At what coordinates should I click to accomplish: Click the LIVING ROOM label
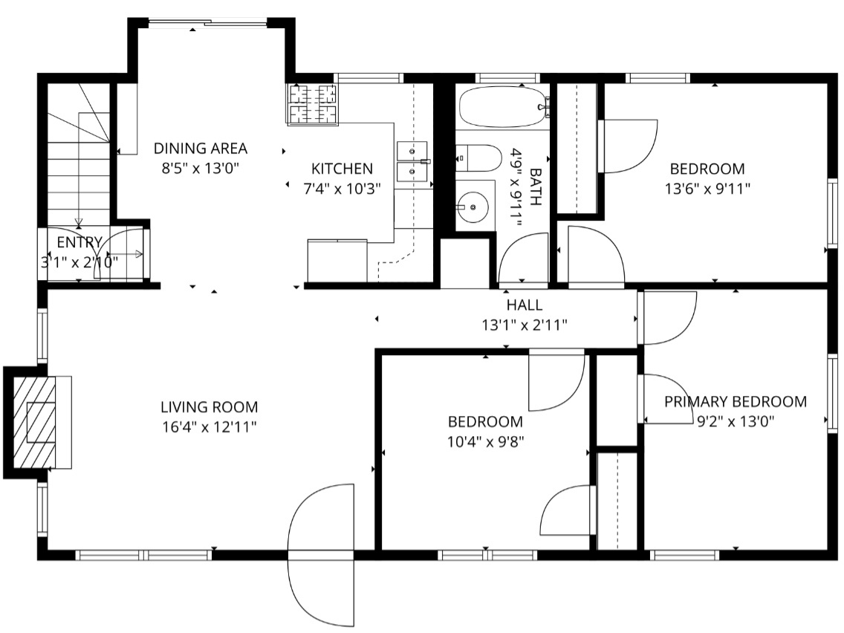click(210, 406)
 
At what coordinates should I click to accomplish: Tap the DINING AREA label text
click(200, 149)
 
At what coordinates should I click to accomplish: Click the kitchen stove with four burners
click(313, 103)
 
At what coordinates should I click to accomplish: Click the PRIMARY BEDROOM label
click(735, 402)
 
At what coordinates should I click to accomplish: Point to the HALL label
click(525, 305)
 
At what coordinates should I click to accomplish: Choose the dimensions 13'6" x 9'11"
click(707, 189)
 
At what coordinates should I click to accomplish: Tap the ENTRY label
click(79, 242)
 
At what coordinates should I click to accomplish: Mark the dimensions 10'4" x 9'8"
click(484, 441)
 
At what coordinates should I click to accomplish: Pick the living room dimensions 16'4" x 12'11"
click(210, 426)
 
